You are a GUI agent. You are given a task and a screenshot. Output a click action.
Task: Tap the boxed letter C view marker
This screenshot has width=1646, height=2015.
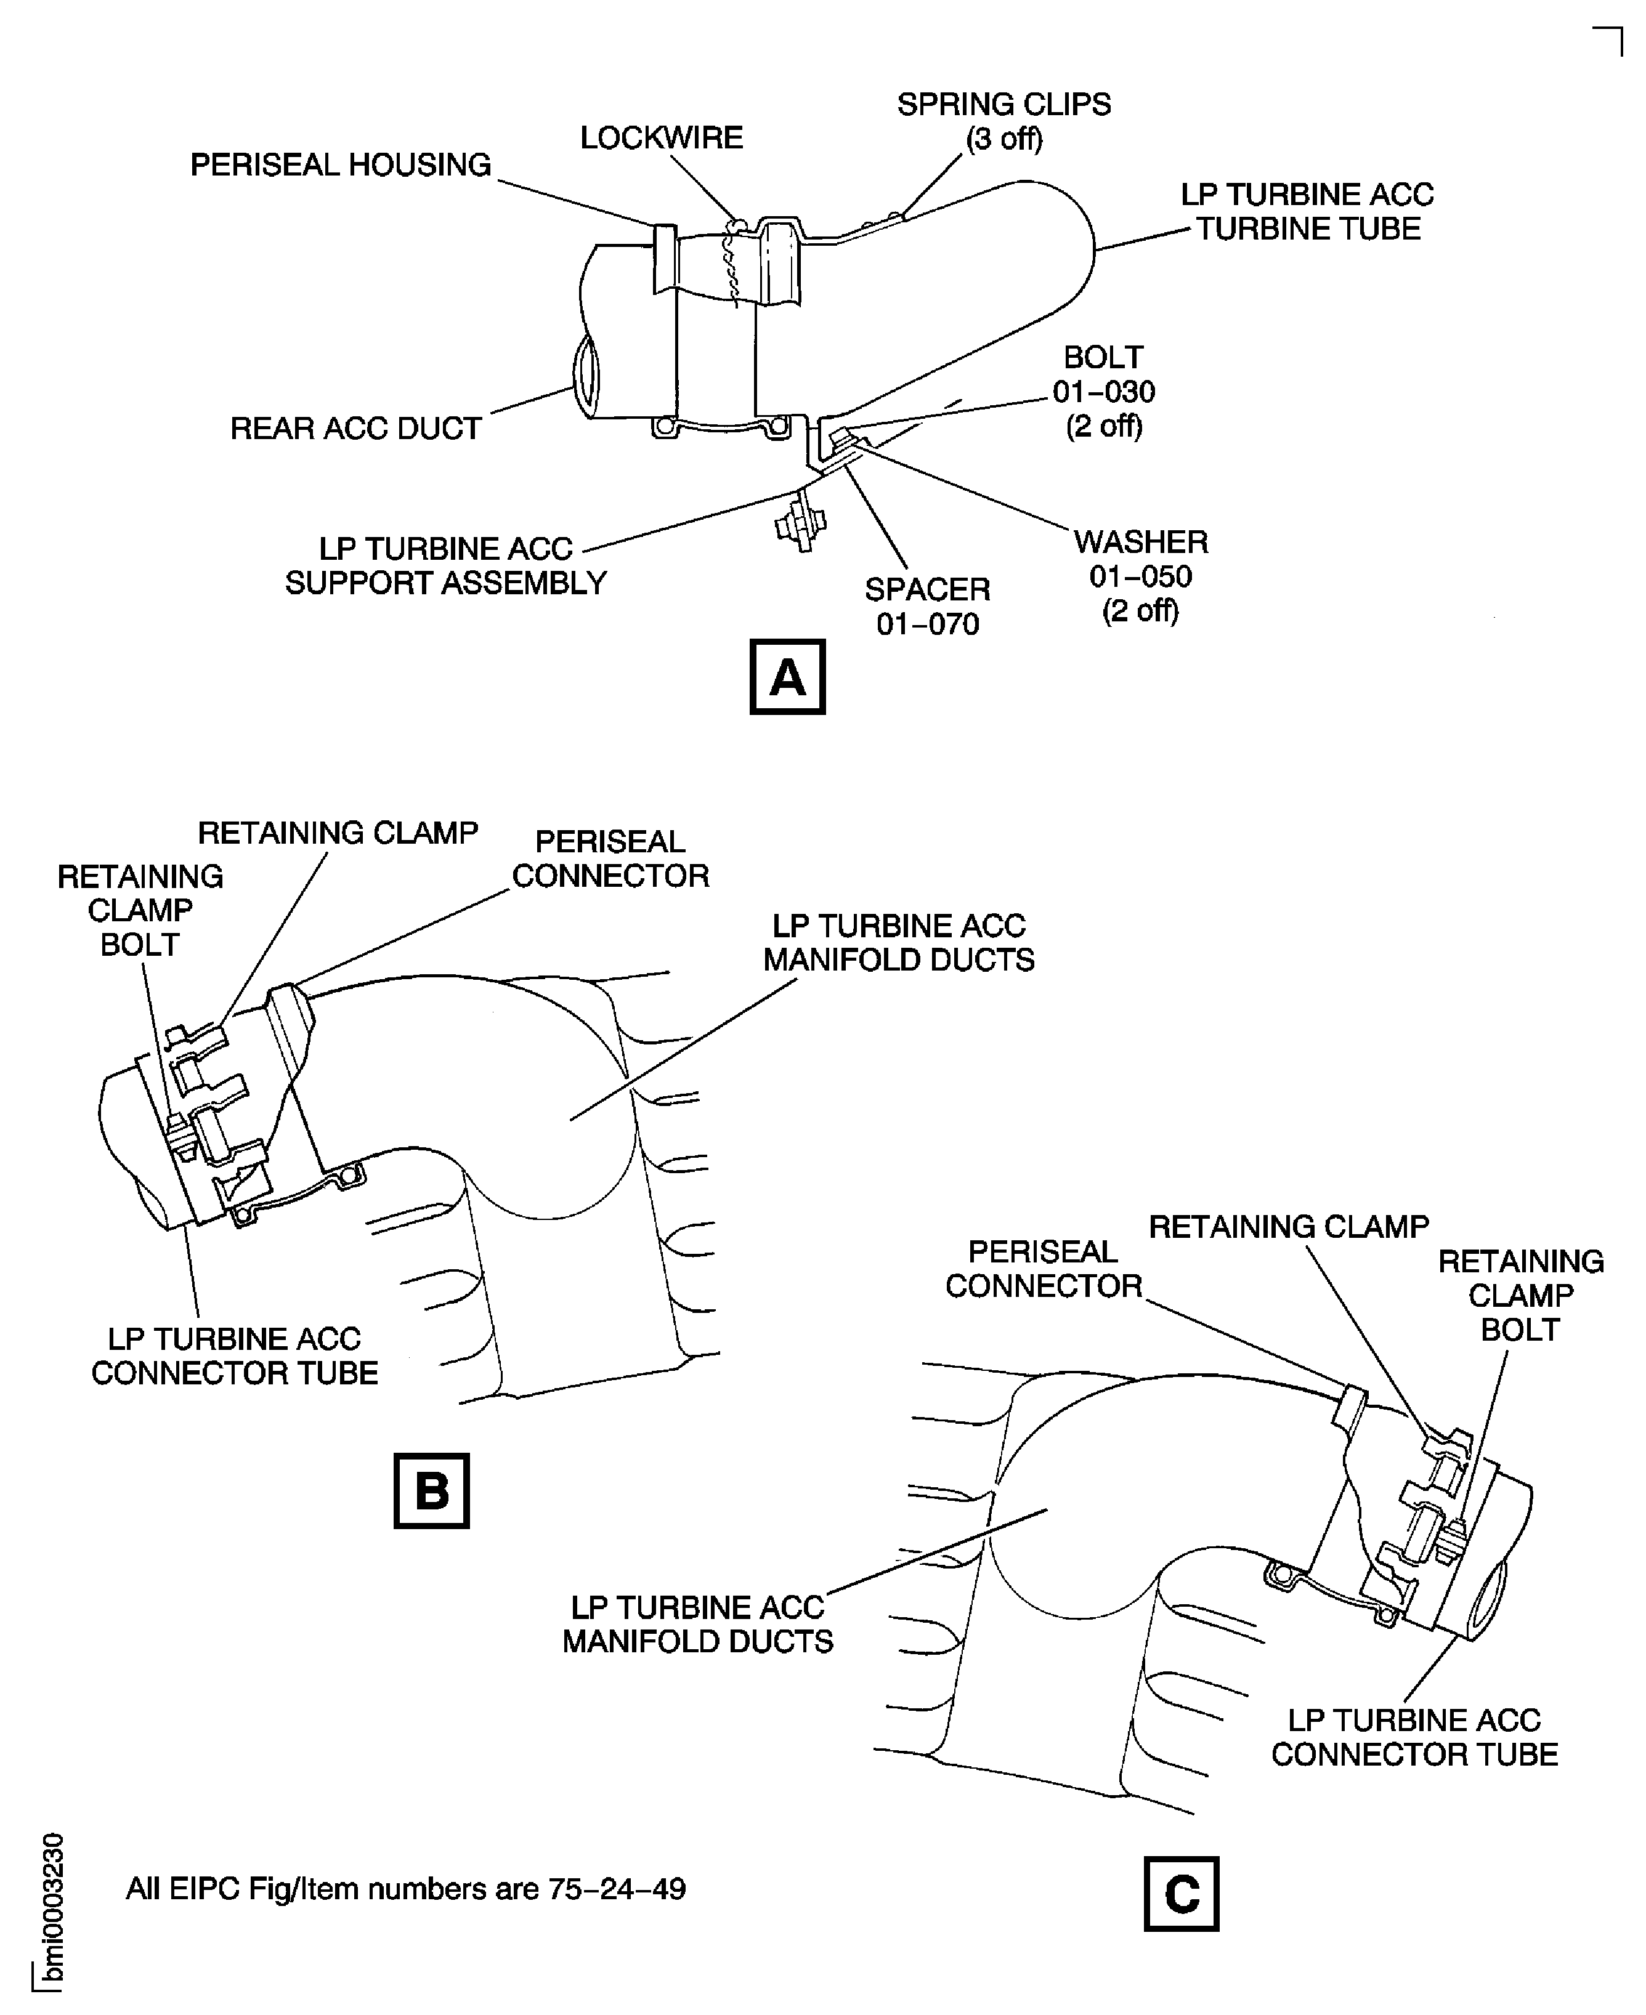click(1182, 1894)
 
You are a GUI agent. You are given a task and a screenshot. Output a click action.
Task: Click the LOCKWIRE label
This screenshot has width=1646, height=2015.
click(661, 139)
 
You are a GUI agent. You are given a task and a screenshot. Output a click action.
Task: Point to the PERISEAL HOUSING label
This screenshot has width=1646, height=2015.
click(341, 165)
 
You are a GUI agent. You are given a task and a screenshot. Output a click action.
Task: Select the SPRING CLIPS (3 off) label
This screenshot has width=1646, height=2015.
click(1004, 121)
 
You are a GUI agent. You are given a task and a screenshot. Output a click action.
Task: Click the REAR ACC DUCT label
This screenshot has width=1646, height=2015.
click(355, 429)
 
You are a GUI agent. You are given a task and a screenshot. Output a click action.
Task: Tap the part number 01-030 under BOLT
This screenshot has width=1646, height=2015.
click(1104, 392)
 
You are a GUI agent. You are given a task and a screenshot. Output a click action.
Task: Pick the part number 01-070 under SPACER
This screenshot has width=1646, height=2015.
click(927, 624)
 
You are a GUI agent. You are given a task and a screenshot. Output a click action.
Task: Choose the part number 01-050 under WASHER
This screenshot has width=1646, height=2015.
click(1141, 576)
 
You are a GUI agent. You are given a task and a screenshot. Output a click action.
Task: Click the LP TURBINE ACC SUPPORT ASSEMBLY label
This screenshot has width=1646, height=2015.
click(445, 566)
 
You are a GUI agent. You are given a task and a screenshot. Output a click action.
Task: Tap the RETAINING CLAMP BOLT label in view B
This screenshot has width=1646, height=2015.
click(140, 910)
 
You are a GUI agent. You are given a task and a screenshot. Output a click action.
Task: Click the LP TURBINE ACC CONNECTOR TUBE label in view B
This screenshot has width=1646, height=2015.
click(234, 1355)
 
